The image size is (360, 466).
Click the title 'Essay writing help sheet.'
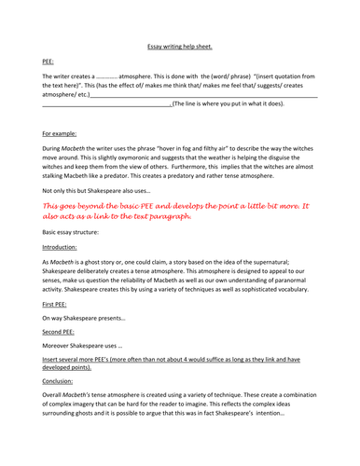point(179,45)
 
